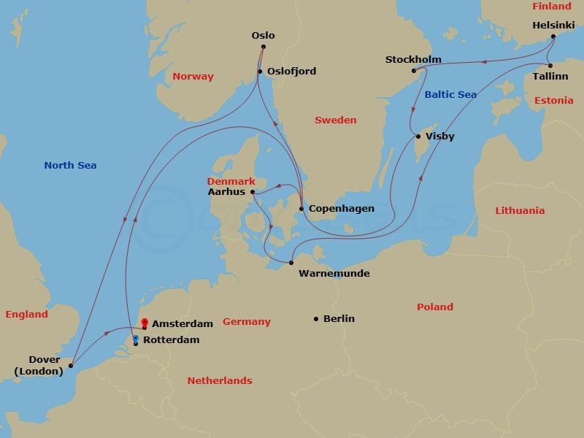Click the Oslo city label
tap(263, 35)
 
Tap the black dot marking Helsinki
tap(553, 36)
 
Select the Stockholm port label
tap(413, 60)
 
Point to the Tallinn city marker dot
tap(550, 65)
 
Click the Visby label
tap(439, 137)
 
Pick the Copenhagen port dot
tap(301, 209)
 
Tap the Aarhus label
tap(226, 192)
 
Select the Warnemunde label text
tap(334, 274)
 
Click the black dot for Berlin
tap(316, 318)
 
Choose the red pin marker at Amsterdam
tap(145, 322)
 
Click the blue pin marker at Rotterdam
tap(136, 339)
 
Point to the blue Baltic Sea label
tap(450, 95)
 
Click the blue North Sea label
tap(70, 166)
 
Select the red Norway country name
tap(193, 77)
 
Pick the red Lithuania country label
tap(520, 211)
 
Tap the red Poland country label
tap(434, 307)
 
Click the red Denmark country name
tap(231, 181)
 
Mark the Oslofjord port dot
tap(259, 71)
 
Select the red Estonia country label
tap(553, 101)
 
